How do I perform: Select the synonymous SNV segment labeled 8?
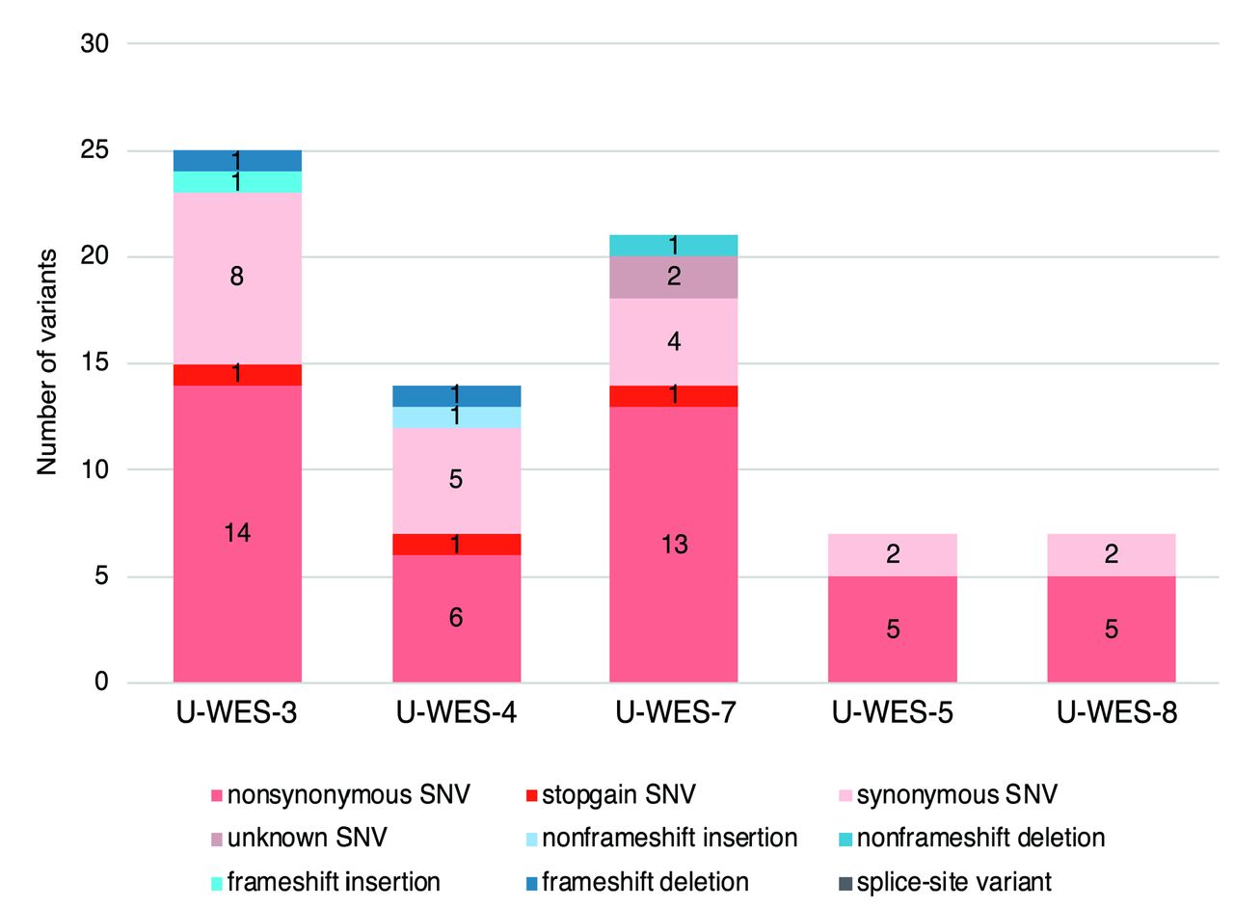point(237,278)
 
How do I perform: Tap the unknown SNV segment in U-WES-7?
point(674,277)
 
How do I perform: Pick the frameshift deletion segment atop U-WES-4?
point(456,395)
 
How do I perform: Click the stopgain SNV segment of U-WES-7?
point(674,395)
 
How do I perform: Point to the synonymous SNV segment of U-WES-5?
point(892,554)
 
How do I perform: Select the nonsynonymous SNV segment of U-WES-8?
point(1111,629)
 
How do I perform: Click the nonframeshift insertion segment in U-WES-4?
point(456,416)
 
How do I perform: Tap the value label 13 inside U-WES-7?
point(674,545)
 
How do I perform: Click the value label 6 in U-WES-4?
point(456,618)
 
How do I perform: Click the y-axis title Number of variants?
point(46,362)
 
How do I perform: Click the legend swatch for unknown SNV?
point(216,839)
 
